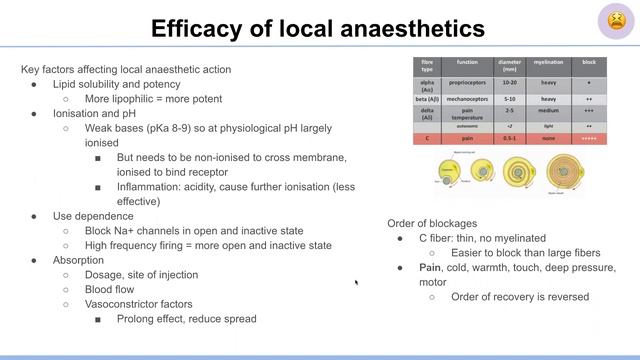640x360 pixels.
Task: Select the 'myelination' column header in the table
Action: click(x=549, y=64)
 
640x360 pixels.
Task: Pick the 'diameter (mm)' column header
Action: click(x=509, y=64)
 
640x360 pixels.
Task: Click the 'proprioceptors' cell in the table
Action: click(x=466, y=82)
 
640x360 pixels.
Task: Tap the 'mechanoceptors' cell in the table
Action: click(x=466, y=99)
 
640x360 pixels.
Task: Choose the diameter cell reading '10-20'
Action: click(x=509, y=82)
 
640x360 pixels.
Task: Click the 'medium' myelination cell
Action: click(x=549, y=112)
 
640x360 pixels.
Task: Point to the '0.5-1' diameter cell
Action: click(x=509, y=139)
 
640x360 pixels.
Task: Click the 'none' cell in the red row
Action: click(x=549, y=139)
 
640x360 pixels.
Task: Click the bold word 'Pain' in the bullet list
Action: click(x=430, y=268)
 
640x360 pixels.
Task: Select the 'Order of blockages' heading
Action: click(x=433, y=222)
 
